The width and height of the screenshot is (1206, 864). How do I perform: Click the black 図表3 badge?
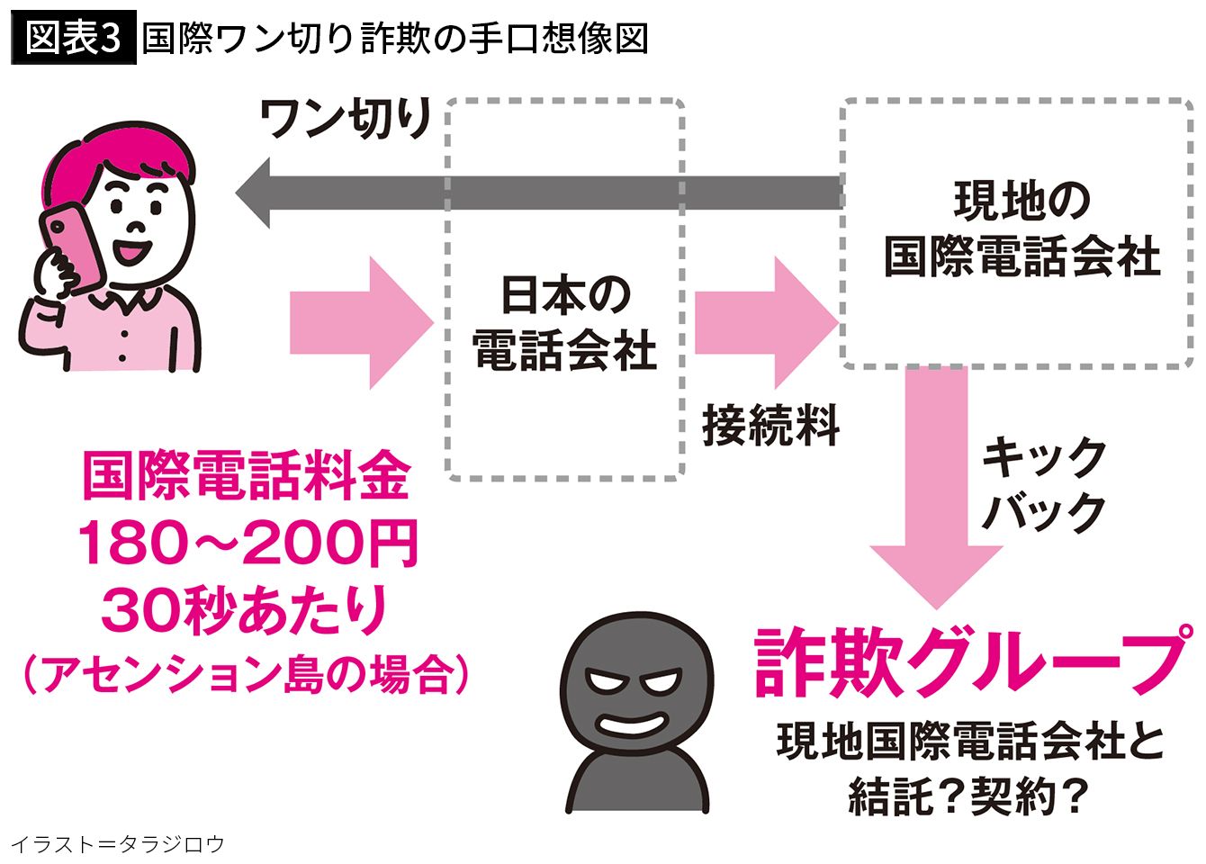(74, 38)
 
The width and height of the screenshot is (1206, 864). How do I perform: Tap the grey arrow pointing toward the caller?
(539, 193)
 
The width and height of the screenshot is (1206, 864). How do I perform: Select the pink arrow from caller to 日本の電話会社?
(362, 323)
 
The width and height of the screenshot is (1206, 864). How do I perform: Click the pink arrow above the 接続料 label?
(767, 323)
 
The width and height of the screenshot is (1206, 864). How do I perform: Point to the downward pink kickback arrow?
(937, 488)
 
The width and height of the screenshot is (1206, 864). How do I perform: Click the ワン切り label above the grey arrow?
(345, 119)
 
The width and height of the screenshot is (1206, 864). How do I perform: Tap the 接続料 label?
(770, 426)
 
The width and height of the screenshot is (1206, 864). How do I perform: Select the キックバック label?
(1043, 484)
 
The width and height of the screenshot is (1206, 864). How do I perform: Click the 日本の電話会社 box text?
(565, 323)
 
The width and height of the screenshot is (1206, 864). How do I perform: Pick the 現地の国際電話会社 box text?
(1021, 229)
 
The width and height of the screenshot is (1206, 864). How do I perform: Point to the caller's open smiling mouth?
(132, 250)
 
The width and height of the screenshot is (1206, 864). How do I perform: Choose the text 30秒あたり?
(244, 611)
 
